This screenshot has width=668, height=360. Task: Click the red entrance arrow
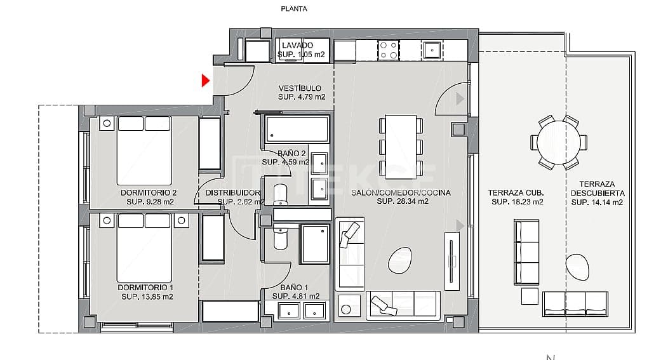pyautogui.click(x=205, y=81)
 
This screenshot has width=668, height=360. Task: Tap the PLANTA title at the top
pyautogui.click(x=294, y=9)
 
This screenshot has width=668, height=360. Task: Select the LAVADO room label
pyautogui.click(x=297, y=46)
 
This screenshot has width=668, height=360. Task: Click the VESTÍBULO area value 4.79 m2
pyautogui.click(x=302, y=97)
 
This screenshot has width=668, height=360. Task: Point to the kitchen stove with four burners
pyautogui.click(x=388, y=50)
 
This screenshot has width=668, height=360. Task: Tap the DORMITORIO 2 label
pyautogui.click(x=148, y=192)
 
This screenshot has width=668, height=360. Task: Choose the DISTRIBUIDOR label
pyautogui.click(x=232, y=192)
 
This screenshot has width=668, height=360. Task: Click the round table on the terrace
pyautogui.click(x=558, y=143)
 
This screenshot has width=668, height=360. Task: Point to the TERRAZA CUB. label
pyautogui.click(x=516, y=193)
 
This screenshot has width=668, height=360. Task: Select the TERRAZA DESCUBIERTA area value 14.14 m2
pyautogui.click(x=596, y=203)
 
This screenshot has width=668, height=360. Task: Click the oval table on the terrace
pyautogui.click(x=577, y=267)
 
